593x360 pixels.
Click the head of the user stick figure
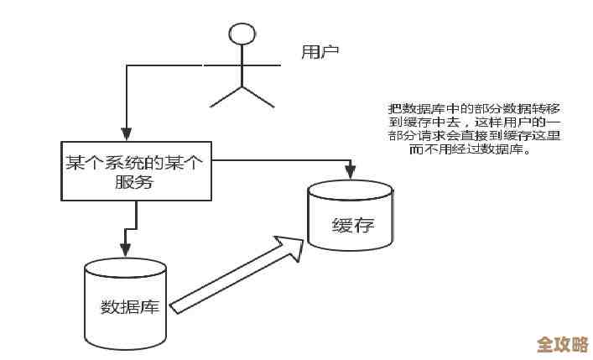click(242, 34)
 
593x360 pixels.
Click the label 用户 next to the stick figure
click(320, 53)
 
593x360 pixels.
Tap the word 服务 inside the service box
click(134, 183)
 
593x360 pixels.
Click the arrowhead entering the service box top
click(125, 133)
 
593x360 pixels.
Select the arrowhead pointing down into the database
click(125, 249)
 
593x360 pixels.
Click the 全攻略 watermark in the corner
click(561, 345)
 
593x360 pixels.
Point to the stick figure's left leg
click(226, 97)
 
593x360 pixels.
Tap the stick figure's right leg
click(258, 97)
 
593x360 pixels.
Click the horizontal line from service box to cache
click(277, 158)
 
